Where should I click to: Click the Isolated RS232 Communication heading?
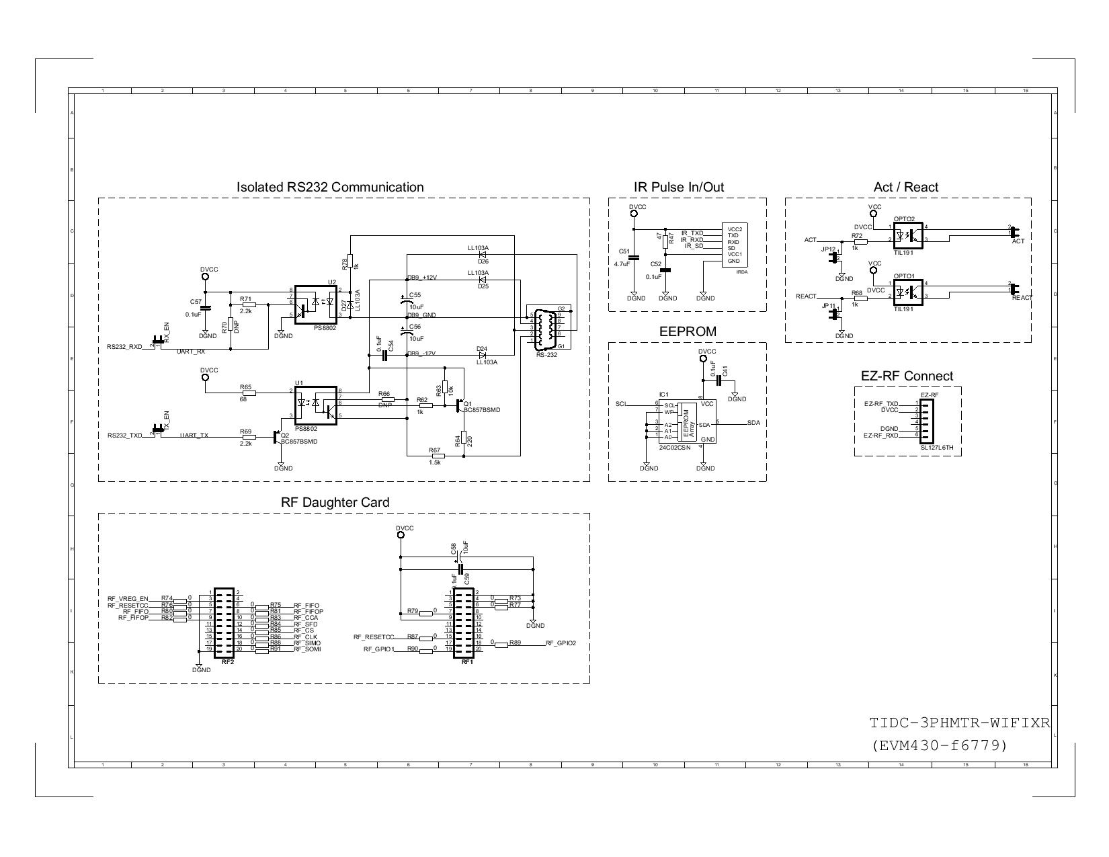pyautogui.click(x=330, y=188)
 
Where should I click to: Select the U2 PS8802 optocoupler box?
pyautogui.click(x=316, y=304)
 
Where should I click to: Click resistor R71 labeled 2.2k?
pyautogui.click(x=249, y=304)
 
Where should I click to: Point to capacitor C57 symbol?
pyautogui.click(x=205, y=308)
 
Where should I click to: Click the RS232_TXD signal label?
pyautogui.click(x=124, y=436)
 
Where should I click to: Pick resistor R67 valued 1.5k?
pyautogui.click(x=434, y=456)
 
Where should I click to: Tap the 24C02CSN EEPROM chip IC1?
pyautogui.click(x=689, y=421)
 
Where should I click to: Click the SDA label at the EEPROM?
pyautogui.click(x=753, y=423)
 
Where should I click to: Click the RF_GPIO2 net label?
pyautogui.click(x=561, y=643)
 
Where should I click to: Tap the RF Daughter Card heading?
pyautogui.click(x=335, y=503)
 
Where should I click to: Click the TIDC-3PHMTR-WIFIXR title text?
pyautogui.click(x=959, y=724)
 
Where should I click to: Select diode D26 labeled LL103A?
pyautogui.click(x=482, y=255)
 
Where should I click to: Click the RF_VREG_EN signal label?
pyautogui.click(x=127, y=598)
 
